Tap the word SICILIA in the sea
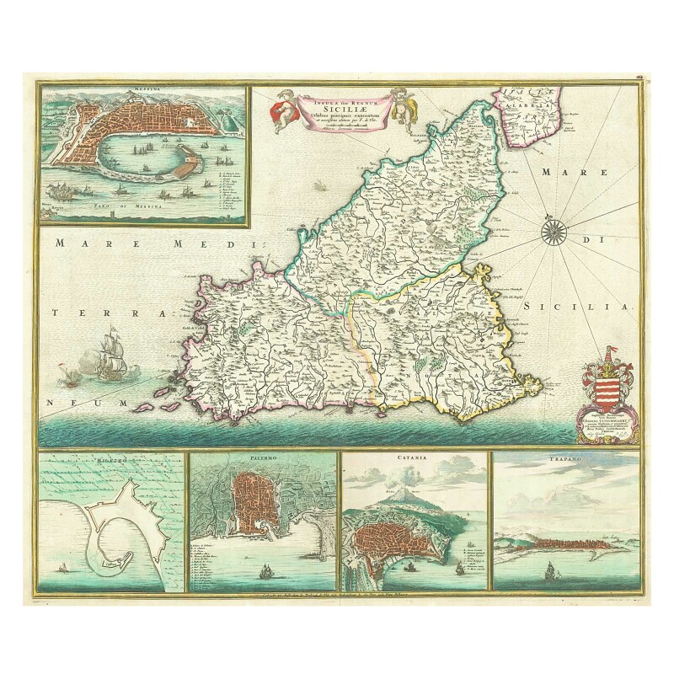580,309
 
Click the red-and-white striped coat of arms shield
610,392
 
